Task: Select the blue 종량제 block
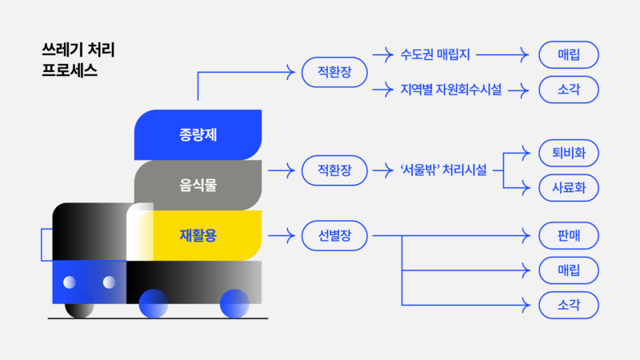point(198,134)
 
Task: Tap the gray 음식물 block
point(198,185)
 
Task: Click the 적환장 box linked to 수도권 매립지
point(334,73)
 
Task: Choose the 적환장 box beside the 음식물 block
point(334,170)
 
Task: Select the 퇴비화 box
point(569,152)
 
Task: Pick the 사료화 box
point(569,188)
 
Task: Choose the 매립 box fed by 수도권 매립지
point(569,55)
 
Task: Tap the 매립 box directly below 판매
point(569,270)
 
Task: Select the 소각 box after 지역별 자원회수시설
point(569,90)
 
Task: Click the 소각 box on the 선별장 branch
point(569,305)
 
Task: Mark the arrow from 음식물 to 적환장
point(281,170)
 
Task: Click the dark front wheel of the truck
point(79,305)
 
